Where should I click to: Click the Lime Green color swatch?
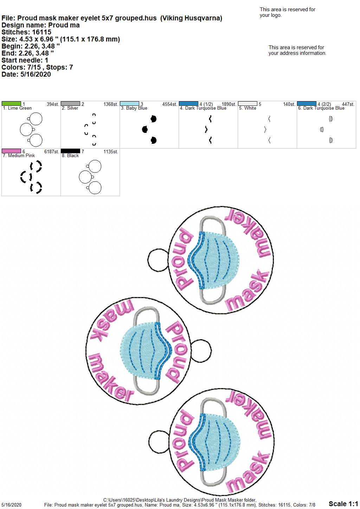(x=11, y=104)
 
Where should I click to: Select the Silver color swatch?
(x=70, y=104)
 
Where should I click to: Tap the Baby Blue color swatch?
(x=129, y=104)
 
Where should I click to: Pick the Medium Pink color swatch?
(x=11, y=151)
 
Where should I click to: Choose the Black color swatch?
(x=70, y=151)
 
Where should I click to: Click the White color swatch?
(x=248, y=104)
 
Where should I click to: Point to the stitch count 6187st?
(x=52, y=152)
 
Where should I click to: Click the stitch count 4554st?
(x=169, y=104)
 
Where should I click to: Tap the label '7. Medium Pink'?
(x=19, y=156)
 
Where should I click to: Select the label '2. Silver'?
(x=70, y=108)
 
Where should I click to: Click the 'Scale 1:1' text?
(x=343, y=504)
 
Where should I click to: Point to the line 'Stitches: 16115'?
(x=26, y=32)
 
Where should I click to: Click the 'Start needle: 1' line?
(x=25, y=60)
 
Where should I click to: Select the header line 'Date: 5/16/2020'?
(x=26, y=74)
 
